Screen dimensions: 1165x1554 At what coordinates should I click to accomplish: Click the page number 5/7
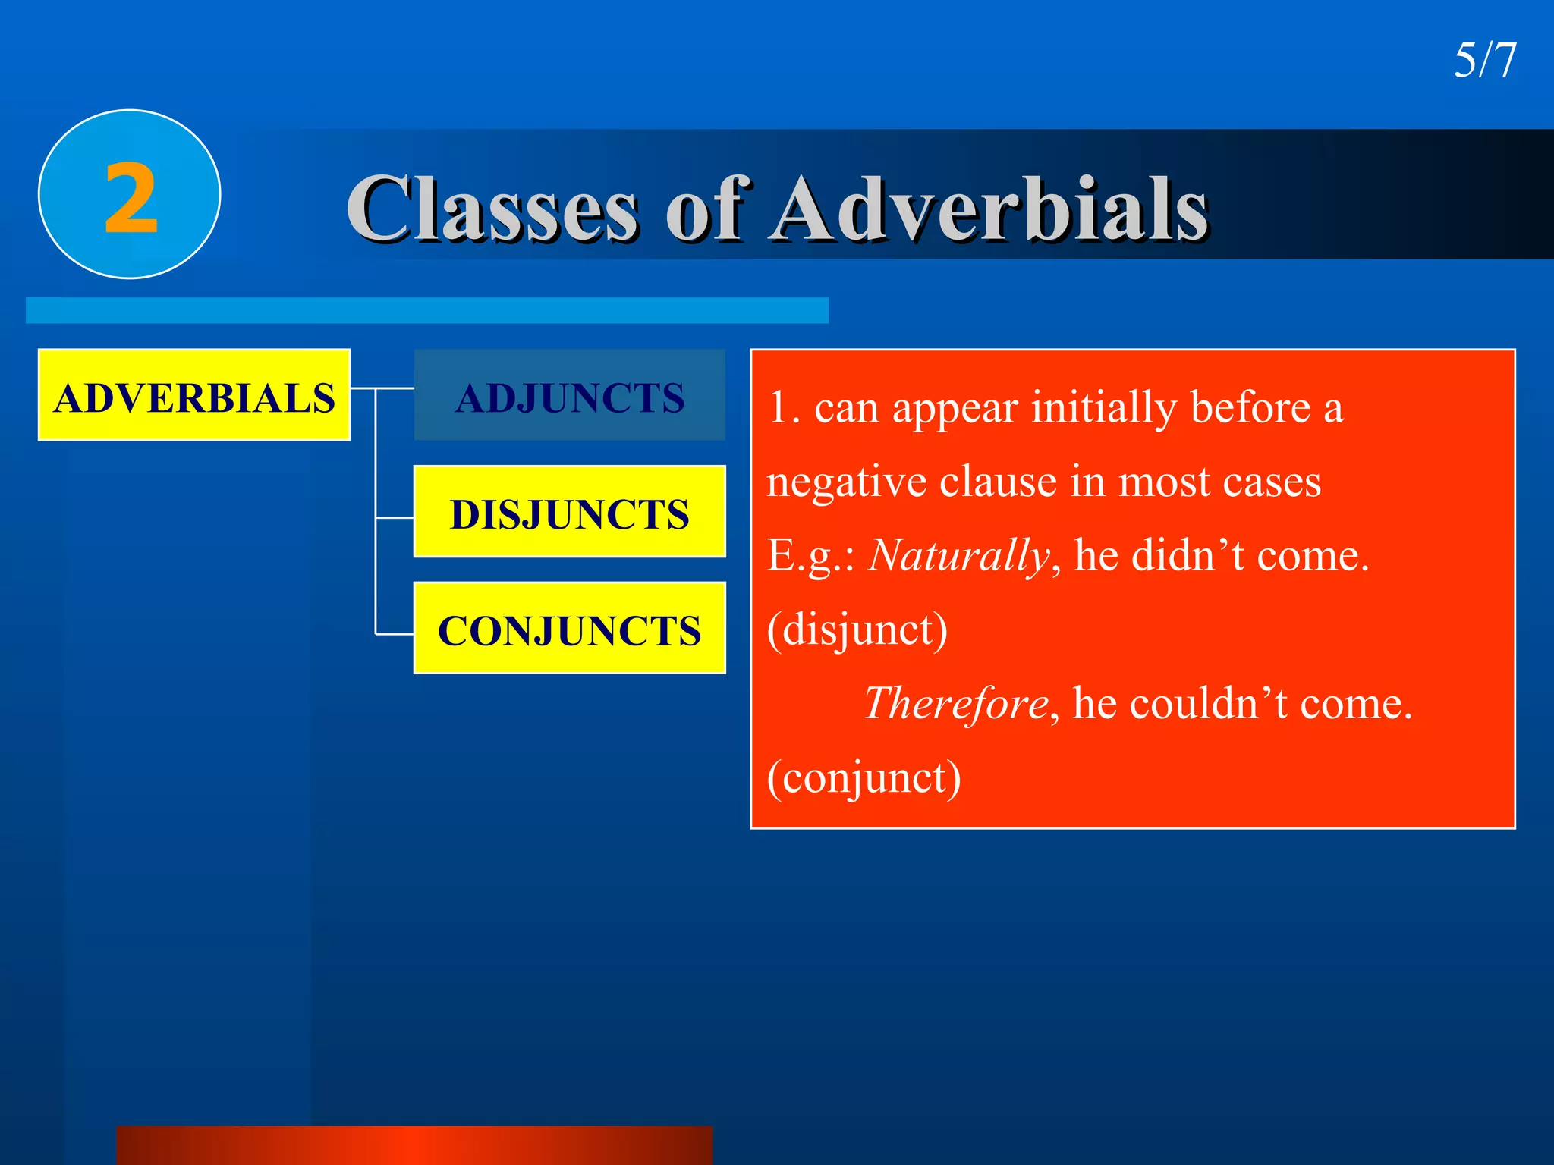1484,61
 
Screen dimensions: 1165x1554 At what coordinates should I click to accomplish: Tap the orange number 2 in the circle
131,199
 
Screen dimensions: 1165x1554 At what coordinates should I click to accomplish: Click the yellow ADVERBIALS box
194,396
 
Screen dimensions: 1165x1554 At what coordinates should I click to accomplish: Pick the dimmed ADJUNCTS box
569,396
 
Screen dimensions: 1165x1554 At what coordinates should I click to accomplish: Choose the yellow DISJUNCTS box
569,513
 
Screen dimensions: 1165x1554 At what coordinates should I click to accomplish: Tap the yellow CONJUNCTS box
569,630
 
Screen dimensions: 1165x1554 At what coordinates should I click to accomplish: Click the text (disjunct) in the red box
857,630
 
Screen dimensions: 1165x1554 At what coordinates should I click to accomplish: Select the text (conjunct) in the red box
864,777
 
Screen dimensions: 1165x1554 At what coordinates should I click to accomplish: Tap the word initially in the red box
1104,408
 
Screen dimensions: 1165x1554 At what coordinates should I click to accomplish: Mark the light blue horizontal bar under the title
426,311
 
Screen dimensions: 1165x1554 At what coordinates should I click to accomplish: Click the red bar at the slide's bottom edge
414,1145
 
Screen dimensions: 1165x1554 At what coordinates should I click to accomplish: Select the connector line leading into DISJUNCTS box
395,518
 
